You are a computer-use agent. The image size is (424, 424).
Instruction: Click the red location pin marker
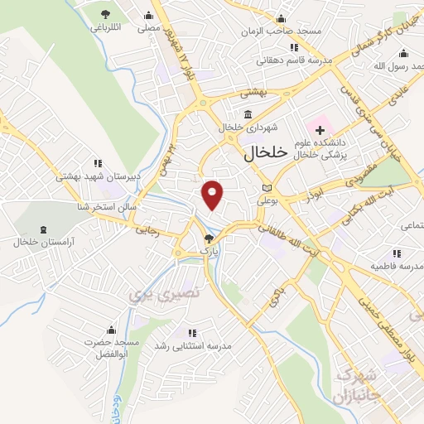pos(213,194)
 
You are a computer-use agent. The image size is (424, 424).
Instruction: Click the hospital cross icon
pos(319,131)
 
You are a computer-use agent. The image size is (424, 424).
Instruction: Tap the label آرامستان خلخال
pos(44,241)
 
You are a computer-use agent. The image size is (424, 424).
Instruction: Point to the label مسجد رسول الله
pos(397,66)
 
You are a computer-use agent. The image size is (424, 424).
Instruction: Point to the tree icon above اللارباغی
pos(105,14)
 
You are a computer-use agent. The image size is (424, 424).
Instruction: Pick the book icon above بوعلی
pos(266,188)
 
